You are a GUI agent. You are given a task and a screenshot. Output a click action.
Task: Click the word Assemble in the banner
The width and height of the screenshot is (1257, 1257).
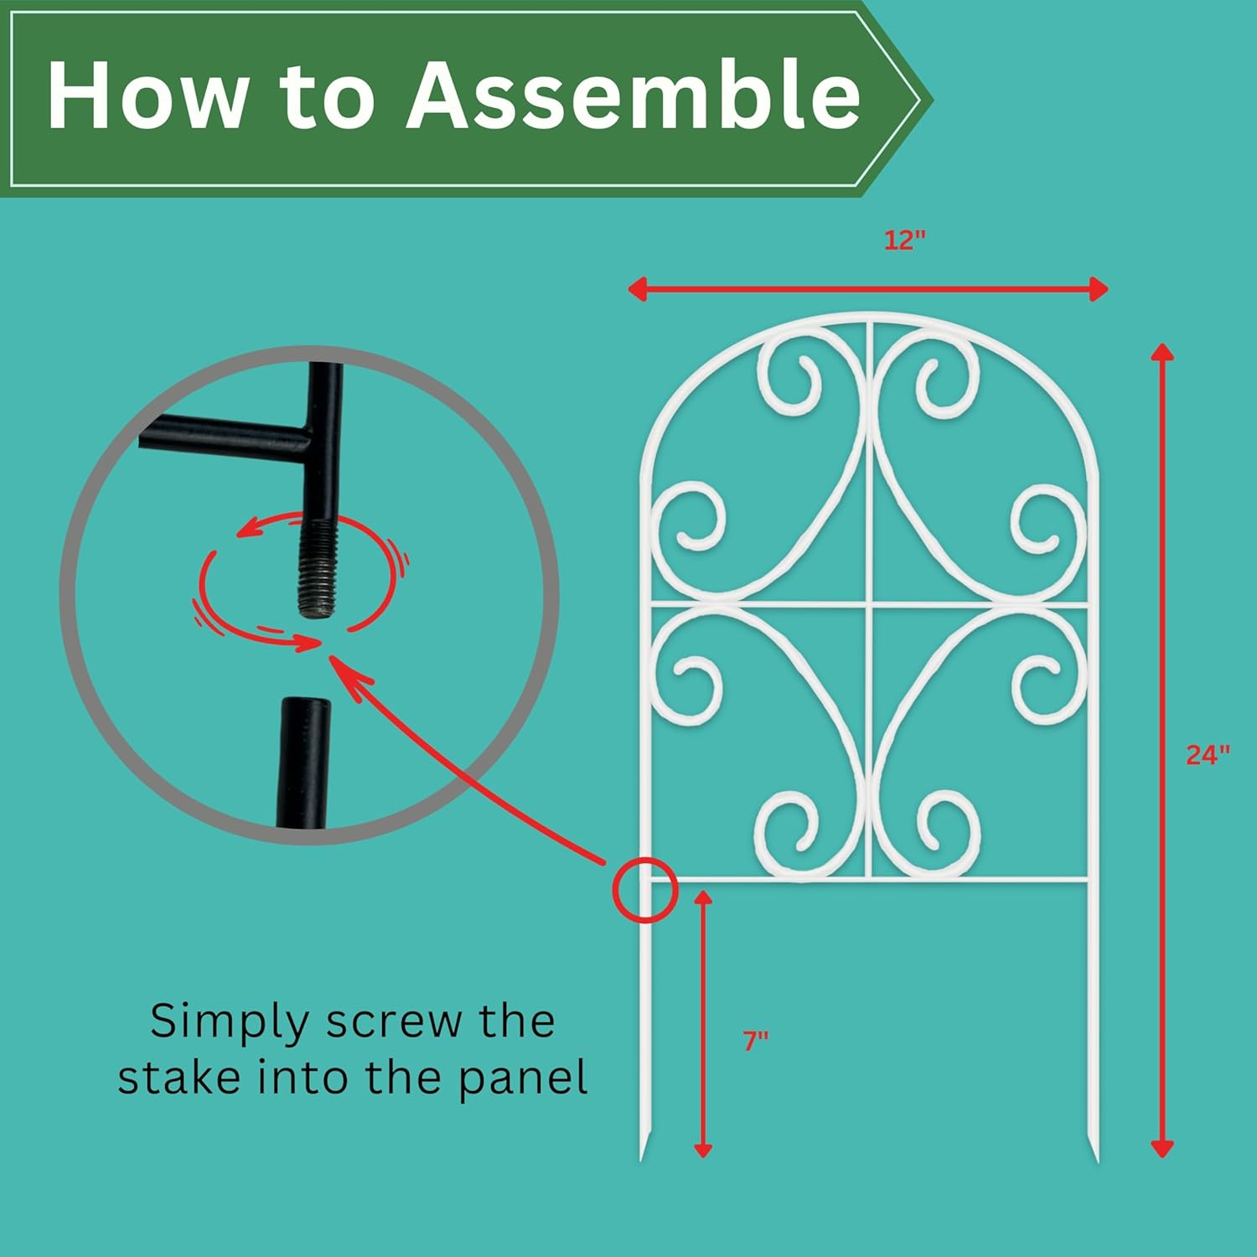pyautogui.click(x=634, y=94)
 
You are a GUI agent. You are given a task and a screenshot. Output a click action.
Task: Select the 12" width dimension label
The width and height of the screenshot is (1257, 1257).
pyautogui.click(x=905, y=241)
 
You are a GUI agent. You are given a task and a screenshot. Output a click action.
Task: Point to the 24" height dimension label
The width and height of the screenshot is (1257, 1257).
pyautogui.click(x=1208, y=755)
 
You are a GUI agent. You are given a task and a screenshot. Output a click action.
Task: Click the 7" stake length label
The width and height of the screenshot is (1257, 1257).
pyautogui.click(x=756, y=1041)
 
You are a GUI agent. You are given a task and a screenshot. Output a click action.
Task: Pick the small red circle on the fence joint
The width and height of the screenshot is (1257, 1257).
pyautogui.click(x=644, y=890)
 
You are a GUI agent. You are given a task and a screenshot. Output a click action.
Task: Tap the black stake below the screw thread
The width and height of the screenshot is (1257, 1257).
pyautogui.click(x=303, y=763)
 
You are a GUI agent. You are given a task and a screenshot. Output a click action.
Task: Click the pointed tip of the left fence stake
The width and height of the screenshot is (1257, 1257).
pyautogui.click(x=642, y=1160)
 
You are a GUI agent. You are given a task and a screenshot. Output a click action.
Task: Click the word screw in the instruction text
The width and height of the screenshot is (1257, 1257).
pyautogui.click(x=394, y=1022)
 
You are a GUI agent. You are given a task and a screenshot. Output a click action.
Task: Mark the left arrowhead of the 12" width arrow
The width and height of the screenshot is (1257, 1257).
pyautogui.click(x=637, y=290)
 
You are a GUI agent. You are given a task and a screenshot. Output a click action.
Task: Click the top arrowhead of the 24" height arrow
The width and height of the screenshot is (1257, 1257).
pyautogui.click(x=1161, y=352)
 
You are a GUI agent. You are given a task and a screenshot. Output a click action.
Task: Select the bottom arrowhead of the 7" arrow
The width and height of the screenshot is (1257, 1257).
pyautogui.click(x=703, y=1149)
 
